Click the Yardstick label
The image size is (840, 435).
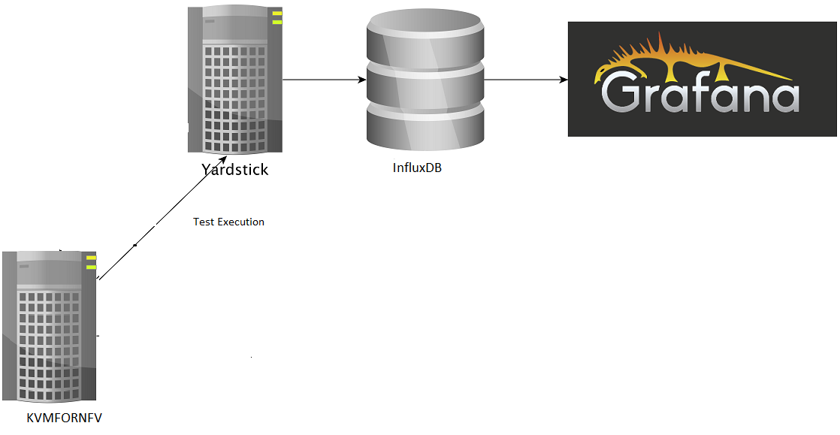click(x=234, y=169)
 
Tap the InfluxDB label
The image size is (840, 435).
click(x=417, y=168)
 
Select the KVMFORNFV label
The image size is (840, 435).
click(x=64, y=418)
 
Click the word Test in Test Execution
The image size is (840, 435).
click(x=204, y=222)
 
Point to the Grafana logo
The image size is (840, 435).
click(x=702, y=79)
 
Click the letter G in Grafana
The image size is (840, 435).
click(x=621, y=92)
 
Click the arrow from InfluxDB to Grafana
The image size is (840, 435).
click(x=526, y=79)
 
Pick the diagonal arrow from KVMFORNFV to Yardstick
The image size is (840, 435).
click(x=162, y=218)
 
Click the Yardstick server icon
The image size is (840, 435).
click(x=234, y=79)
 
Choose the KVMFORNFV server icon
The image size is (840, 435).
click(x=50, y=327)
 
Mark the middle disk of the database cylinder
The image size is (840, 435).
click(x=425, y=83)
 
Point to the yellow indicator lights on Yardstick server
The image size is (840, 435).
click(x=277, y=17)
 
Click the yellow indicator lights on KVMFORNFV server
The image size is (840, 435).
click(x=91, y=262)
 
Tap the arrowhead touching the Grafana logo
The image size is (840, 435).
click(x=563, y=79)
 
